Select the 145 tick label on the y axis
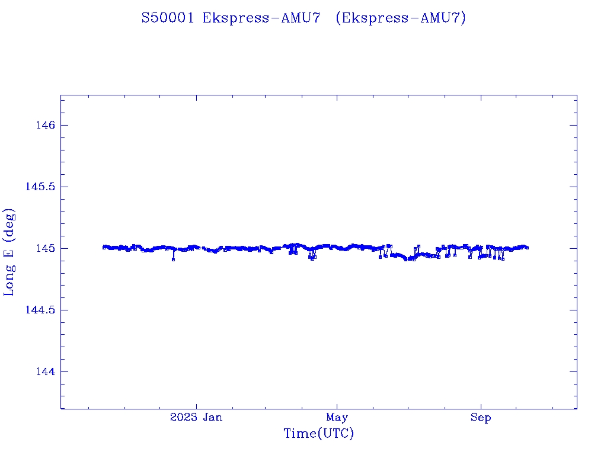point(46,248)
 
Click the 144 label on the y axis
point(46,371)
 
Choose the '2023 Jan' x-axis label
point(196,418)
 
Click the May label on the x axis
point(337,418)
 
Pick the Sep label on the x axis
point(481,418)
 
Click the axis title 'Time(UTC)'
point(319,434)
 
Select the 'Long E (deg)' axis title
point(9,252)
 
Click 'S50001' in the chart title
point(168,18)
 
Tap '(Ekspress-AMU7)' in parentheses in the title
point(401,18)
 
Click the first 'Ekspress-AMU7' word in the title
point(261,18)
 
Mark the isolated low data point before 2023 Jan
point(173,259)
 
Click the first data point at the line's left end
point(104,247)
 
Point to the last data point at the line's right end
point(527,248)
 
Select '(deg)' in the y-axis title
point(9,225)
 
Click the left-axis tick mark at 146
point(63,125)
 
